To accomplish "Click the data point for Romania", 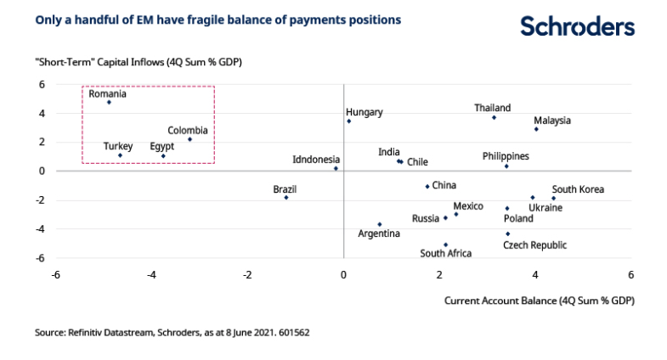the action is pos(109,103).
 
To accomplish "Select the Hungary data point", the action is pos(349,121).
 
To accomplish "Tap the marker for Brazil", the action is pos(286,198).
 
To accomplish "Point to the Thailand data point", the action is pos(494,117).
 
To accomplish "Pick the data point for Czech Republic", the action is pos(507,233).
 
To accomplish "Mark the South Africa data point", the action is pos(445,245).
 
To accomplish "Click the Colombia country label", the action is pos(188,131).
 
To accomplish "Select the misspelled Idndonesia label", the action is pos(316,160).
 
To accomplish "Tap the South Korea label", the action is pos(578,189).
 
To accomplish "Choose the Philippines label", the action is pos(506,156).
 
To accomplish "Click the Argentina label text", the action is pos(379,233).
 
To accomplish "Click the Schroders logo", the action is pos(577,26).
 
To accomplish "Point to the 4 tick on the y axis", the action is pos(42,114).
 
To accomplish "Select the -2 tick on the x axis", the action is pos(247,275).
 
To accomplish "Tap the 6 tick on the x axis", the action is pos(630,275).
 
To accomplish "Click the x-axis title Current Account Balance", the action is pos(540,301).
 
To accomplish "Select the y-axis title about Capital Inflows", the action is pos(138,62).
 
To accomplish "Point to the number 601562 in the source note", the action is pos(294,332).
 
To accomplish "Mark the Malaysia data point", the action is pos(536,129).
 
